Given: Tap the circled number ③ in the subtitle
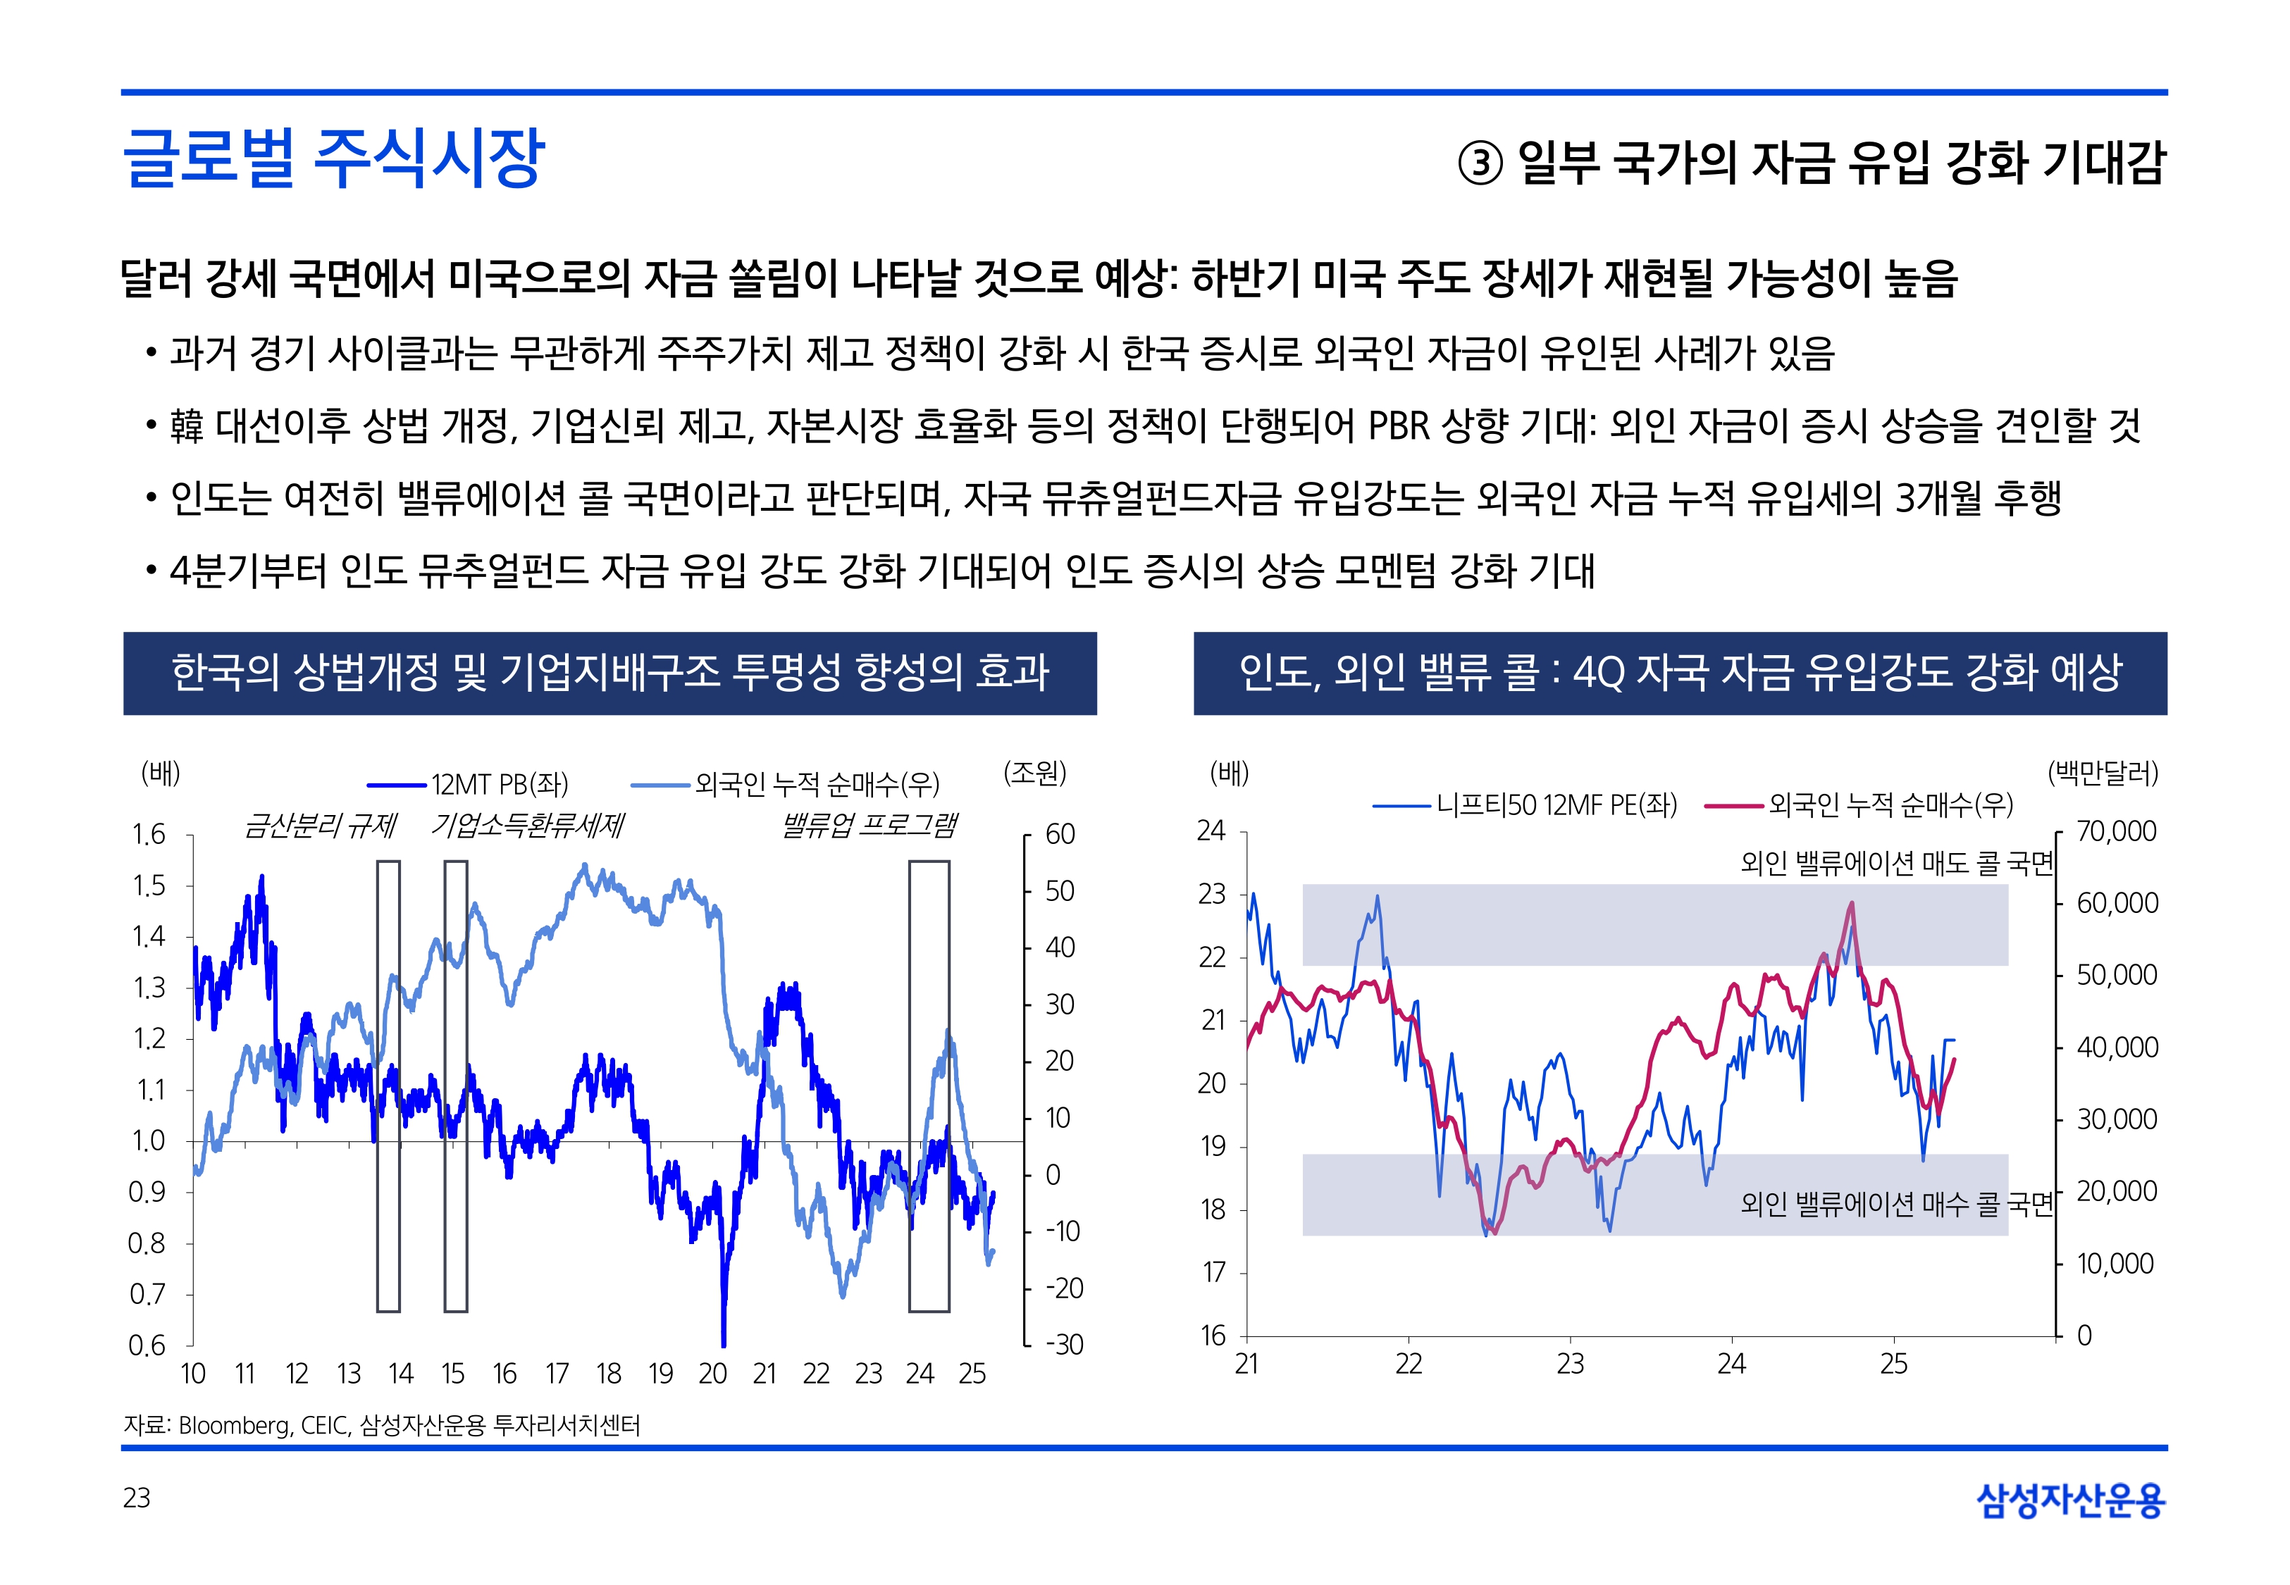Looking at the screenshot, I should point(1480,163).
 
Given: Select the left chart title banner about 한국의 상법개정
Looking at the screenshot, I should point(609,672).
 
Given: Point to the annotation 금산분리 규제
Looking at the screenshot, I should point(320,826).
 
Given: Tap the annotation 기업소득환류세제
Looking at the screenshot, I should point(527,826).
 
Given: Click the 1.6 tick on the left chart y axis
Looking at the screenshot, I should point(149,834).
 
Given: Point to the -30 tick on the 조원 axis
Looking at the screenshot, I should point(1063,1345).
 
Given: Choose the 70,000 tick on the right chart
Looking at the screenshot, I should point(2116,831).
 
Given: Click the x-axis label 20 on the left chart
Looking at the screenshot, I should point(712,1374).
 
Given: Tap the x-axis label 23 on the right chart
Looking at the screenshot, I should point(1570,1364).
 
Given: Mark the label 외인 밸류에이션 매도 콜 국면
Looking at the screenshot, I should point(1895,863).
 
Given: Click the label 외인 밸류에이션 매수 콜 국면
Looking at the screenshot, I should point(1895,1204).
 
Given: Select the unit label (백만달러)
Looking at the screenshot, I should point(2103,773).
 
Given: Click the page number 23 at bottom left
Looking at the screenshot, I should point(137,1498).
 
